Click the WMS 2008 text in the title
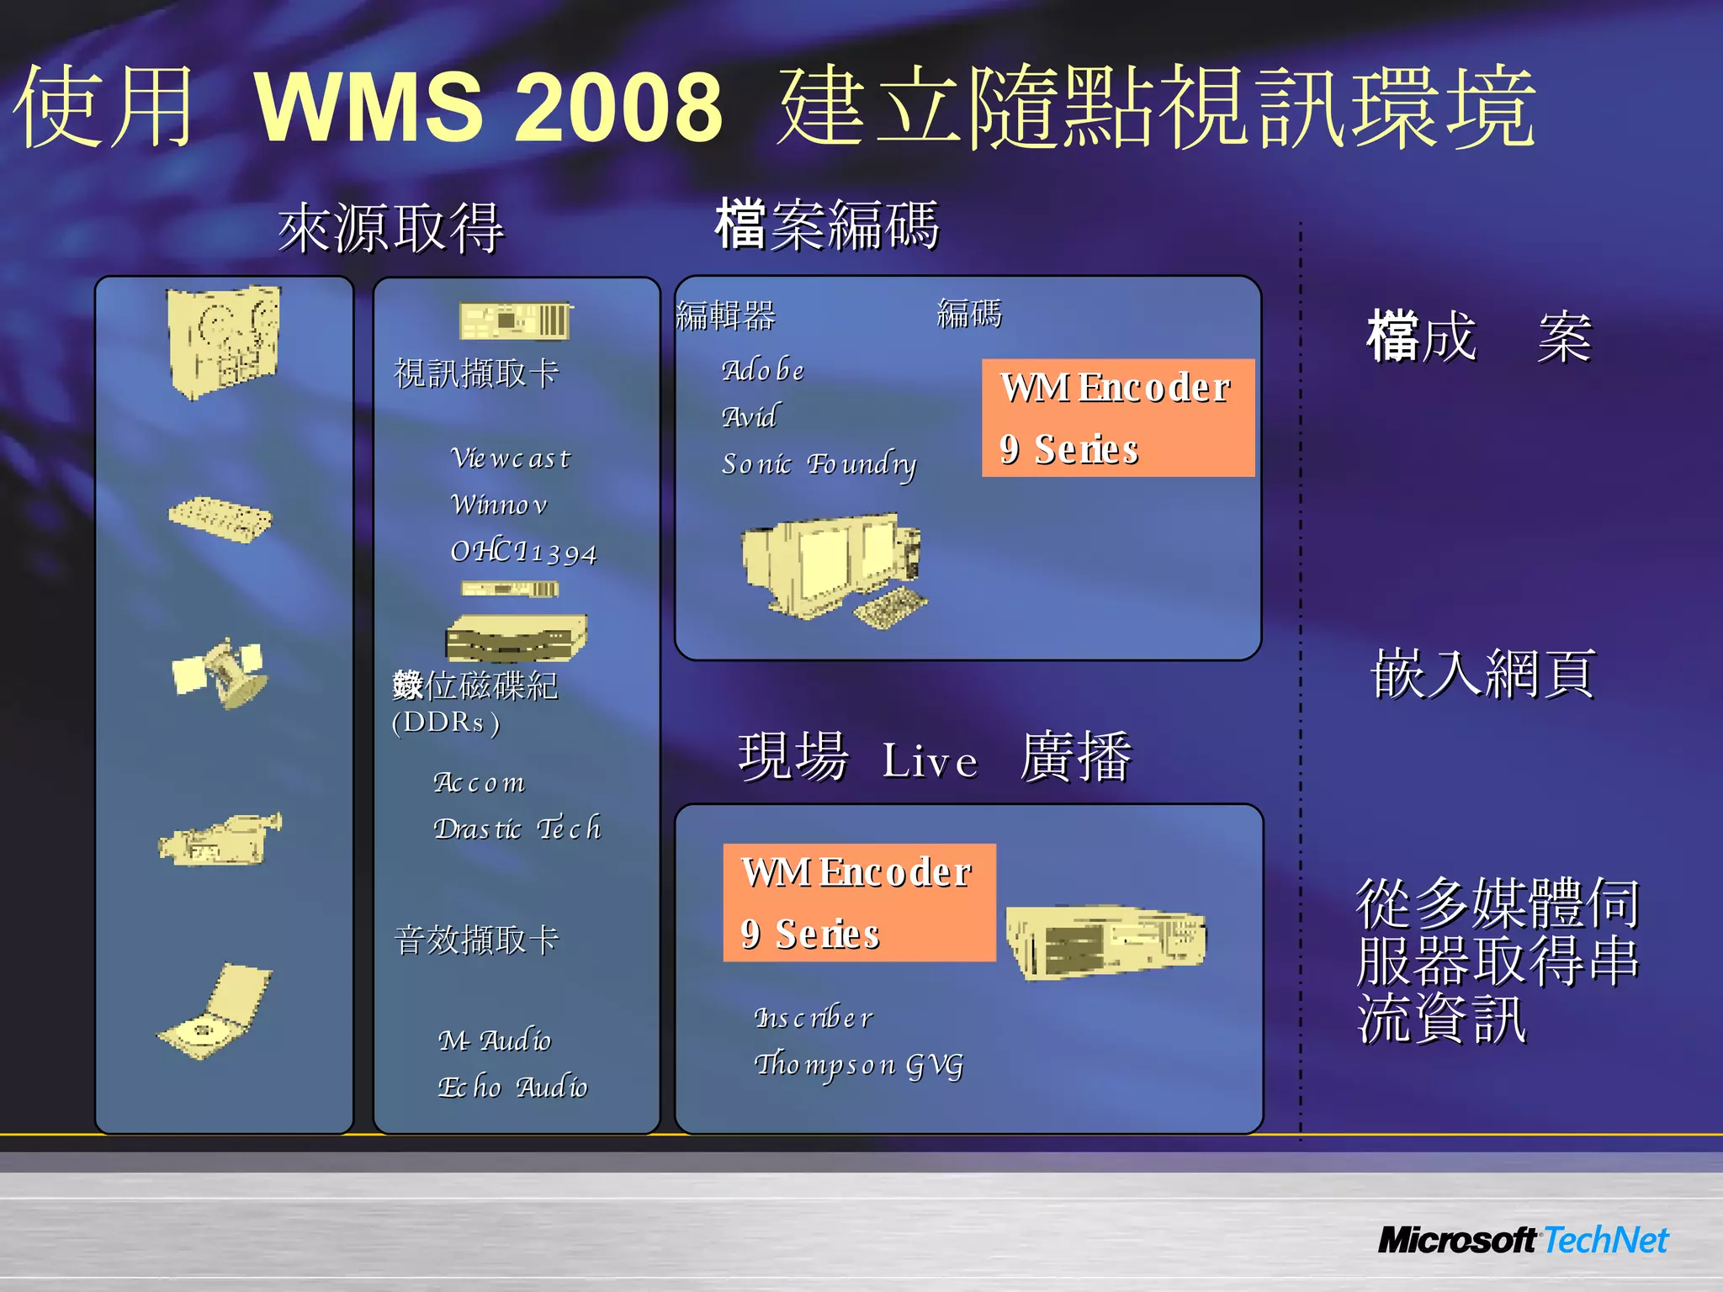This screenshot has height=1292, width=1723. click(x=488, y=107)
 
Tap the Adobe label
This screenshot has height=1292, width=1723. click(x=762, y=370)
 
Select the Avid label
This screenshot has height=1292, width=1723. click(x=750, y=416)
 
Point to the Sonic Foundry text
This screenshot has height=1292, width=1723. click(x=819, y=464)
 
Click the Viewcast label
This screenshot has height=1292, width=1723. click(x=511, y=458)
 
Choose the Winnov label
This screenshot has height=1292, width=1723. click(x=499, y=505)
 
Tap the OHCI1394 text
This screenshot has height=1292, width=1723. click(x=523, y=552)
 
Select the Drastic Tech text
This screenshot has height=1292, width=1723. click(x=517, y=829)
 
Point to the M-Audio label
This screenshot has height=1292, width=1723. click(x=495, y=1041)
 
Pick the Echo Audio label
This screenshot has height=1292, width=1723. click(x=512, y=1088)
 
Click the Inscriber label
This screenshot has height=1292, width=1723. click(x=814, y=1019)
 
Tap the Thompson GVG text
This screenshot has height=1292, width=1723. click(x=858, y=1065)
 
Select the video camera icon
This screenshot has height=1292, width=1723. click(x=220, y=839)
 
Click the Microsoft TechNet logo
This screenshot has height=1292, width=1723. click(x=1523, y=1240)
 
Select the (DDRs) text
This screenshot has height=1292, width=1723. click(x=446, y=723)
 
